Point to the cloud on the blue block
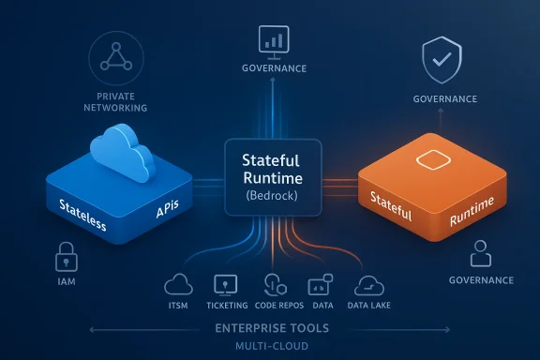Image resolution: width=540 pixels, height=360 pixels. [122, 152]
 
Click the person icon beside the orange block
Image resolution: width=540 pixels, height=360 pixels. [480, 253]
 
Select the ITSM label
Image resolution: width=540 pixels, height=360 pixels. [177, 306]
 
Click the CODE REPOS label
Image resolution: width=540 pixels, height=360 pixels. [277, 306]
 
